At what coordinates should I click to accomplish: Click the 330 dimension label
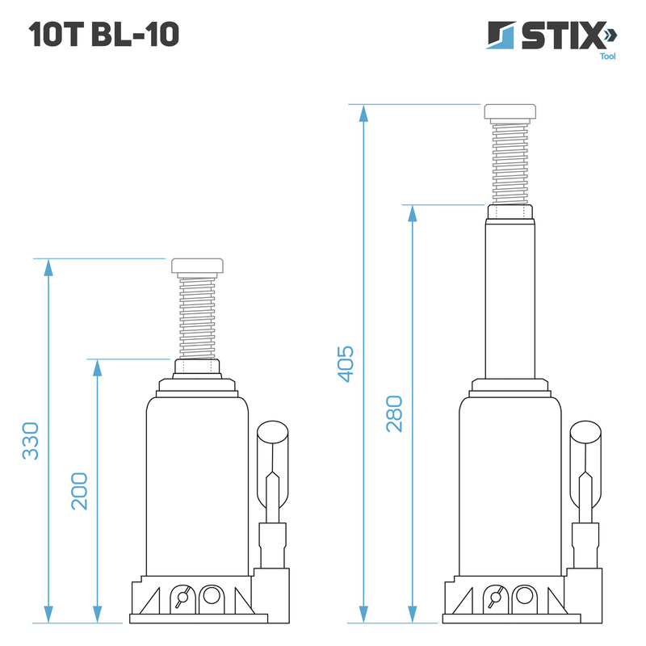tap(31, 441)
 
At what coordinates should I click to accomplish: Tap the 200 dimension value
tap(79, 492)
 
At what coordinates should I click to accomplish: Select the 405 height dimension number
tap(346, 364)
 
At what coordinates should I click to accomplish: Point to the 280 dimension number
tap(394, 413)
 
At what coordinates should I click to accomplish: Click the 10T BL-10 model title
tap(104, 34)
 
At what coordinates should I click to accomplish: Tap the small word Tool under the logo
tap(608, 57)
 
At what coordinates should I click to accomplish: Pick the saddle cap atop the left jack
tap(197, 266)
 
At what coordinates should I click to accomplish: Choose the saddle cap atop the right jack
tap(510, 112)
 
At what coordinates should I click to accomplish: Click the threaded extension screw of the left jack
tap(197, 317)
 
